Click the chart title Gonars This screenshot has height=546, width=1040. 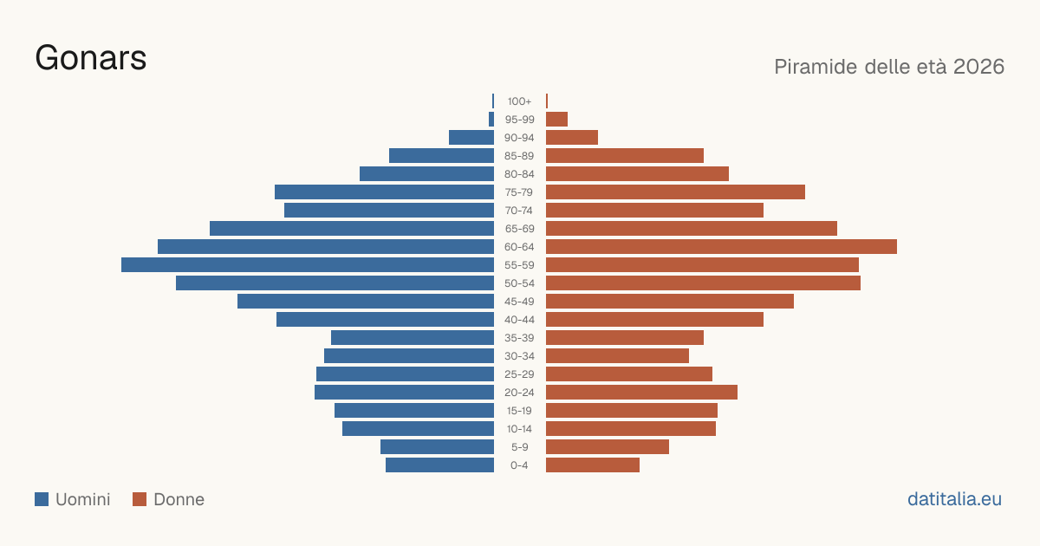[x=91, y=58]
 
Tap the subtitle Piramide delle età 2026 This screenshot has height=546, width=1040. [x=889, y=67]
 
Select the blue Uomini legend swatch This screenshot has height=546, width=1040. [x=42, y=499]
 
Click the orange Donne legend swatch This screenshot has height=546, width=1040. [x=140, y=499]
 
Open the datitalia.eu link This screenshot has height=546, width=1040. [x=954, y=499]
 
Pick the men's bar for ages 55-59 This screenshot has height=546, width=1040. [x=308, y=264]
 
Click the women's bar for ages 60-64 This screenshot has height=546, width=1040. [x=721, y=246]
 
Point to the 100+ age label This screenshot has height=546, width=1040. [x=519, y=101]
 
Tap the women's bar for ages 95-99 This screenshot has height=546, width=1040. [x=556, y=120]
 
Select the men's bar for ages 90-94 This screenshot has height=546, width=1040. [x=471, y=138]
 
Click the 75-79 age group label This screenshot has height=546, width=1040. [x=519, y=192]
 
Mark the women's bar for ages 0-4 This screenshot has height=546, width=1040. [x=593, y=465]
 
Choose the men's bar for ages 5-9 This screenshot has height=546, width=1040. [x=438, y=446]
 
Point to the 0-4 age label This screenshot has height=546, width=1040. [x=519, y=465]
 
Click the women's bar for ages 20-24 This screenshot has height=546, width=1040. [x=641, y=393]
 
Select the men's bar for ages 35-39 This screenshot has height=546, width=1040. [x=413, y=337]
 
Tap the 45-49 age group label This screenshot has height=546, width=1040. [x=519, y=302]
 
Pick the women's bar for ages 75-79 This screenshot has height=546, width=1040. [x=675, y=192]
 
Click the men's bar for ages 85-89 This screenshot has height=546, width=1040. [x=441, y=155]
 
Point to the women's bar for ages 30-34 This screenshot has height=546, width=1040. [x=617, y=356]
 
